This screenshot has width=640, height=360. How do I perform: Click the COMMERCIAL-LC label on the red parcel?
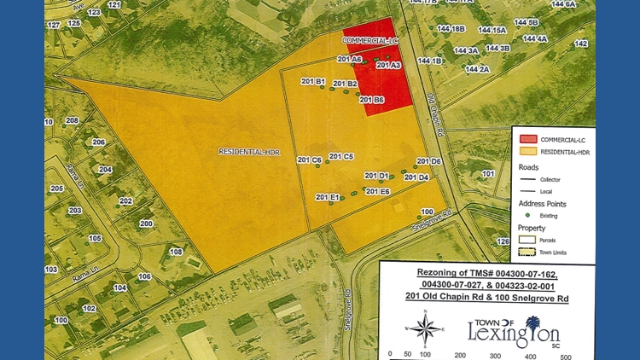(370, 40)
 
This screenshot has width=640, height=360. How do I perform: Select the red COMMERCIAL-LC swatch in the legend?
(528, 139)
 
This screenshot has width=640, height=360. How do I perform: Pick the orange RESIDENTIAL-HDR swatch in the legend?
(528, 152)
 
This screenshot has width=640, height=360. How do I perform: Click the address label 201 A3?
(388, 65)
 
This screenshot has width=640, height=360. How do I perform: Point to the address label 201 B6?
(372, 100)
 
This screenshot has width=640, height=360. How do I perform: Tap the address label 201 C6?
(309, 160)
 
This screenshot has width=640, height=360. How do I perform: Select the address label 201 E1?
(328, 197)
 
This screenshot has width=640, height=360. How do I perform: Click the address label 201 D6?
(428, 161)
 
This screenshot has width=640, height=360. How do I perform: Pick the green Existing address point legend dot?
(528, 216)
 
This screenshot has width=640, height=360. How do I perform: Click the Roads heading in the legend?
(529, 167)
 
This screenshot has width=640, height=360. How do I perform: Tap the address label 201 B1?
(313, 82)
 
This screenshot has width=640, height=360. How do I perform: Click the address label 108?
(177, 252)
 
